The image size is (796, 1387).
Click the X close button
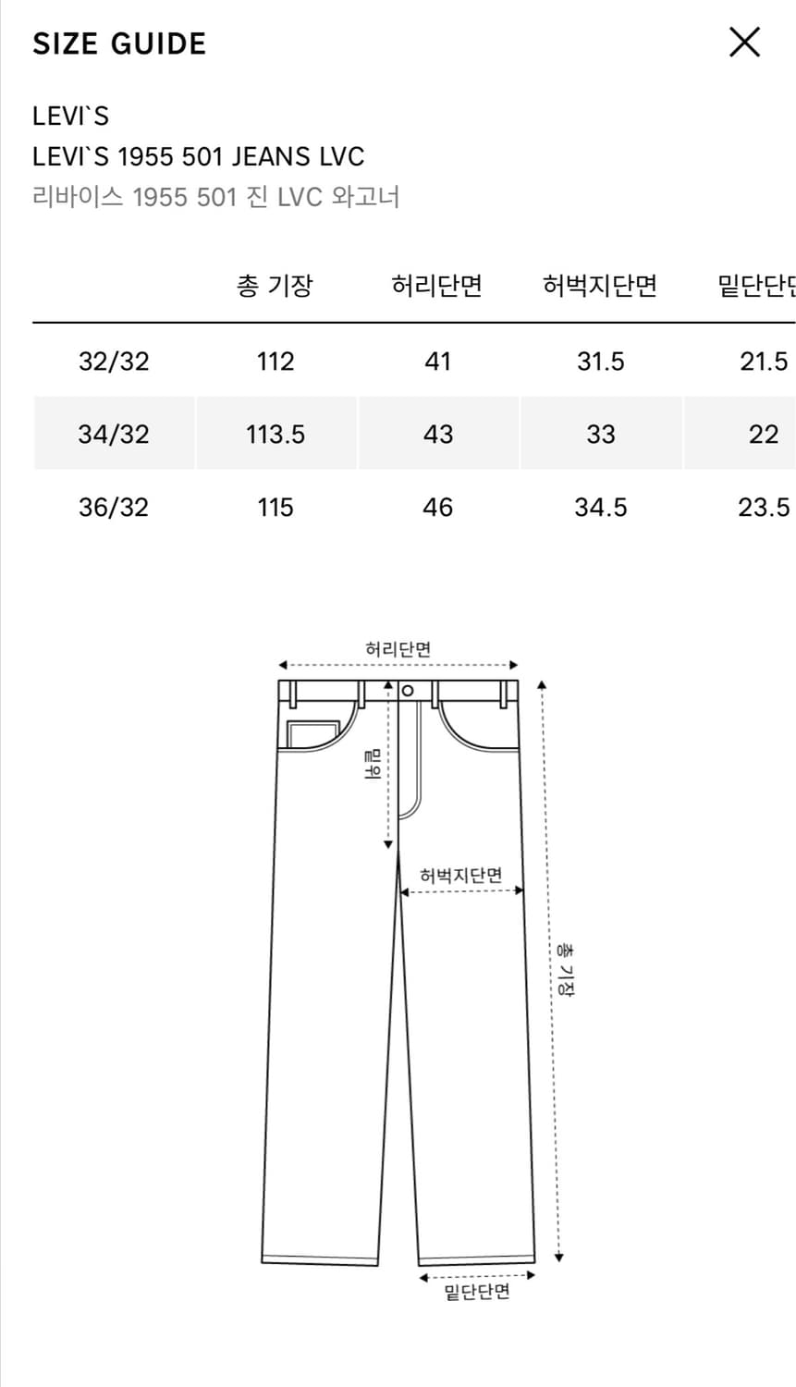(744, 43)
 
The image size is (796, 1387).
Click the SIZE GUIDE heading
(119, 43)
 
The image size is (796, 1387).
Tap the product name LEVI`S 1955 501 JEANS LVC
(198, 156)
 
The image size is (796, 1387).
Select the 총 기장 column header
(275, 286)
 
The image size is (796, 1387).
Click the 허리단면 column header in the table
(437, 286)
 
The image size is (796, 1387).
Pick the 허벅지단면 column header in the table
(600, 286)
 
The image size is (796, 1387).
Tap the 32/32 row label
(114, 361)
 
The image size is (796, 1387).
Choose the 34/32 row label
(114, 434)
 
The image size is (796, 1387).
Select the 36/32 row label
(114, 507)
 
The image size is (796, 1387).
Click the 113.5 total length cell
(276, 434)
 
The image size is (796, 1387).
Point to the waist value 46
(437, 507)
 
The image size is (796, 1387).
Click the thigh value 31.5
(600, 361)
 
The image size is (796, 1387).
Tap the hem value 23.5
(764, 507)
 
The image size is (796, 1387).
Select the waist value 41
(437, 361)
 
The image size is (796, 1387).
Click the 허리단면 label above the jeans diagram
(398, 649)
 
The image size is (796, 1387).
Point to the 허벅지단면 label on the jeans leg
(460, 875)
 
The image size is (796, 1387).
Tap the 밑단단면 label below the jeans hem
(476, 1292)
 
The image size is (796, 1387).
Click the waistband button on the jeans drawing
(408, 691)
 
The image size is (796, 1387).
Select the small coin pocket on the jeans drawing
(312, 734)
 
